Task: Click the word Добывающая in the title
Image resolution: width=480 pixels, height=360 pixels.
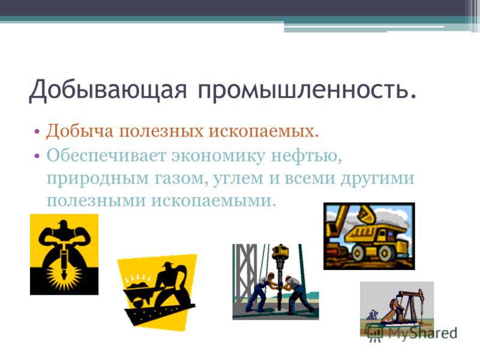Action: pos(108,90)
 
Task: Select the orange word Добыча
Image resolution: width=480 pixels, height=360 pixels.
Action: pos(80,131)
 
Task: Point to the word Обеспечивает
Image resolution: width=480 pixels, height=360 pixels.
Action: pos(106,155)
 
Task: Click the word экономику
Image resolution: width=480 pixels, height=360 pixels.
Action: pos(218,156)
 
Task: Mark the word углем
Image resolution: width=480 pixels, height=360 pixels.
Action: pos(238,178)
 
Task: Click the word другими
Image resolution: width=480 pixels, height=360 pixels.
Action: pos(377,178)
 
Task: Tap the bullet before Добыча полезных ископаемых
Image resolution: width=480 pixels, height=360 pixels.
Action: pos(37,131)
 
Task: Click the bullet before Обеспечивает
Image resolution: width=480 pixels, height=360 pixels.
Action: pos(37,156)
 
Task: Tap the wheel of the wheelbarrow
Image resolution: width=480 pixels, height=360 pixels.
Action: pos(137,304)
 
